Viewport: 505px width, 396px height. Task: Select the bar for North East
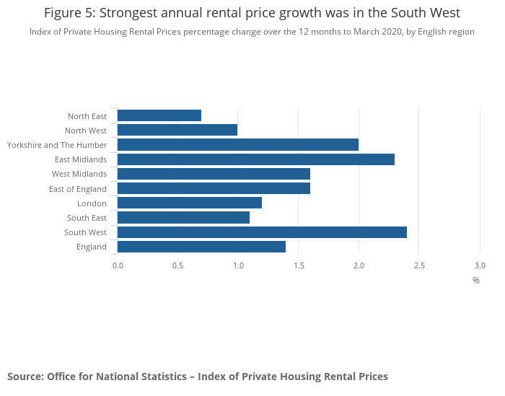click(x=159, y=115)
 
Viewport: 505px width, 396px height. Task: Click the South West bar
click(x=262, y=232)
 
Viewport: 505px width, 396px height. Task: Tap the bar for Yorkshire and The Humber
click(x=238, y=145)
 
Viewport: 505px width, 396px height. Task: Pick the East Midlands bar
click(x=256, y=159)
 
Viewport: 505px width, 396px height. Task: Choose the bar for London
click(x=190, y=203)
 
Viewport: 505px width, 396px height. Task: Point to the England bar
click(x=201, y=247)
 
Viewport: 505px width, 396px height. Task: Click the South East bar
click(x=183, y=218)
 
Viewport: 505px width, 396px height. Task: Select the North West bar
click(x=177, y=130)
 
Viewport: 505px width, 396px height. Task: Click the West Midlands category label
click(x=79, y=174)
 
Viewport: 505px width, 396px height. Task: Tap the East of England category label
click(x=78, y=189)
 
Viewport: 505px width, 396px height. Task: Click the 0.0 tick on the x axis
click(x=118, y=265)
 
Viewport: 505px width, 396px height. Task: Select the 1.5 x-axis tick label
click(x=299, y=265)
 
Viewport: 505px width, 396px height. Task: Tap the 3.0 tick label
click(x=480, y=265)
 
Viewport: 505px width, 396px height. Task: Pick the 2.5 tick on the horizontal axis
click(x=419, y=265)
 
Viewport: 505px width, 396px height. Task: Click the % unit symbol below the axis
click(x=476, y=281)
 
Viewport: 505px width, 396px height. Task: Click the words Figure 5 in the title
click(x=70, y=13)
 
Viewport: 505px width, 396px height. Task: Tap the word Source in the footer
click(x=25, y=377)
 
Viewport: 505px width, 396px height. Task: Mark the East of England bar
click(x=214, y=189)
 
